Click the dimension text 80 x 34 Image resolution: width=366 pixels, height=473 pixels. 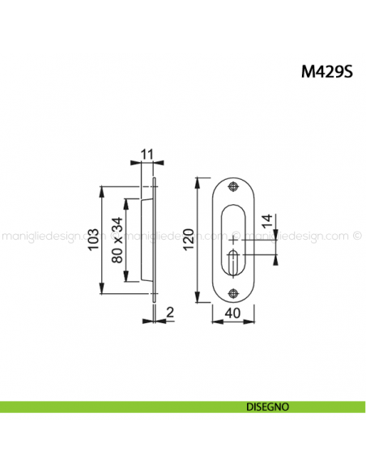tap(118, 241)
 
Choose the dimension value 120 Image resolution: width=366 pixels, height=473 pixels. tap(189, 240)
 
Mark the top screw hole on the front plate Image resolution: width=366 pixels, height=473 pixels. tap(234, 187)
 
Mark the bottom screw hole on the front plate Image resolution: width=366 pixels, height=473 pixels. tap(234, 293)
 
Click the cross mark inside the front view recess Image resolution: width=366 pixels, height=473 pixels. tap(234, 241)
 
